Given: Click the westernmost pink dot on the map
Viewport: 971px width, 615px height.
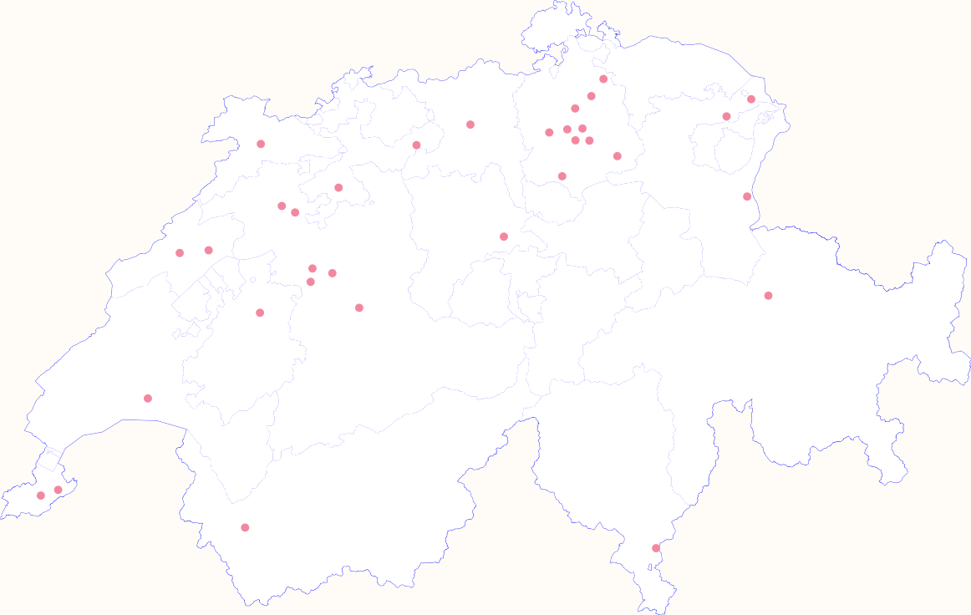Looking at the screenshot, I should point(40,496).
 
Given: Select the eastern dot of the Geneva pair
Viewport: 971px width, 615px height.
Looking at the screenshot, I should point(58,490).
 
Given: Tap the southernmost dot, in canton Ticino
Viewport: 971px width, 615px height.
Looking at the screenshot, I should point(656,548).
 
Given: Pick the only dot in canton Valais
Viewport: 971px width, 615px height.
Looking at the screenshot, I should point(245,527).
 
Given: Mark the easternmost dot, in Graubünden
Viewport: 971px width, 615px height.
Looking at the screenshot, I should point(768,295).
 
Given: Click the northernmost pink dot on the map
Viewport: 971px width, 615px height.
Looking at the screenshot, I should point(603,79).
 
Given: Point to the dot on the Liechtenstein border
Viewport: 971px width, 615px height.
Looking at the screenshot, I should point(747,196).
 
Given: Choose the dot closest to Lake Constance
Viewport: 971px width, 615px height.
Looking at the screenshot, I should point(751,99).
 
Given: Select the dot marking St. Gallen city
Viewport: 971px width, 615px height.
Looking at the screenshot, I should point(726,116).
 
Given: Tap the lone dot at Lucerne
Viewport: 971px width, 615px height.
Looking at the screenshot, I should point(504,236).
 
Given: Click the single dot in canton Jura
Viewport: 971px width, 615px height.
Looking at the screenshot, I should point(261,144).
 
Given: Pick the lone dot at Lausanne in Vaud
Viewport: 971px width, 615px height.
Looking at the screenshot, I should point(148,398).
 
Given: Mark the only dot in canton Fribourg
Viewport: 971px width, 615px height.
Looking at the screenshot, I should point(260,313).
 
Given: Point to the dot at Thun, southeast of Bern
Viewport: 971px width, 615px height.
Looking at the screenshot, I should point(359,307).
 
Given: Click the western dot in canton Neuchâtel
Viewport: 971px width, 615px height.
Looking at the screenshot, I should point(180,253).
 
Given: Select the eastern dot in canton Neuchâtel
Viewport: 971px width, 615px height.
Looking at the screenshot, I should point(209,250).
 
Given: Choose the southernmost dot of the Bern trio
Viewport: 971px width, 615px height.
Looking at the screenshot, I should point(311,282).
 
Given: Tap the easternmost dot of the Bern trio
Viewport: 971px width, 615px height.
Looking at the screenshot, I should point(333,273).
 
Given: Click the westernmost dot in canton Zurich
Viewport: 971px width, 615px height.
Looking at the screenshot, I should point(549,132).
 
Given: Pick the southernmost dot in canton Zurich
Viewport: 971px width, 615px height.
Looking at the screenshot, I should point(562,176).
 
